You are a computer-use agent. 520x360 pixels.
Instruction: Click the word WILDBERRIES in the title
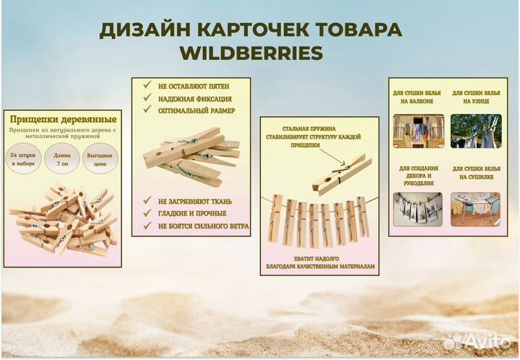click(251, 54)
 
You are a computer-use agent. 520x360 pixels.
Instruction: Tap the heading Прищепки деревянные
click(63, 119)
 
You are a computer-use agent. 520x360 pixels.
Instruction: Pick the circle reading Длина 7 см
click(61, 160)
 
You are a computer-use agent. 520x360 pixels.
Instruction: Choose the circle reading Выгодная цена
click(98, 160)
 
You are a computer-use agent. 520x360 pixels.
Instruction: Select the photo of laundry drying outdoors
click(475, 131)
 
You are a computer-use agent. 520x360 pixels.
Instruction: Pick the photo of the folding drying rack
click(475, 207)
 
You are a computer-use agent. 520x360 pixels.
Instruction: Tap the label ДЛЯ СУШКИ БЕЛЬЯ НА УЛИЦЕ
click(476, 98)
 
